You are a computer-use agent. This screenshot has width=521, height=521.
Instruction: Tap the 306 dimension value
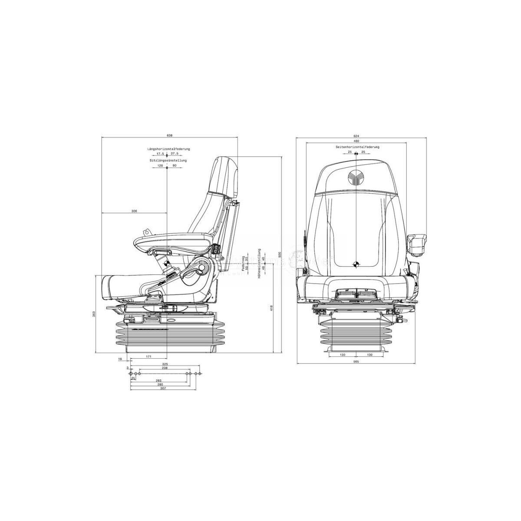click(x=134, y=211)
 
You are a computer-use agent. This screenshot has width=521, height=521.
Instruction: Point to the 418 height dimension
click(x=271, y=309)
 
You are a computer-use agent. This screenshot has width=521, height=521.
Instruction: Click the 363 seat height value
click(x=94, y=314)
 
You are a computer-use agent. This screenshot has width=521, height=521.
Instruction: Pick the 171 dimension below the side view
click(x=148, y=356)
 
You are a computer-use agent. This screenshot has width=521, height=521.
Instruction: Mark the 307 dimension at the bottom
click(x=163, y=388)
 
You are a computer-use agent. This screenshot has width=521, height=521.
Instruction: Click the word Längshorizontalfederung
click(x=168, y=149)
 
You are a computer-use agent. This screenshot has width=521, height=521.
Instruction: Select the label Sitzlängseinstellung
click(x=168, y=161)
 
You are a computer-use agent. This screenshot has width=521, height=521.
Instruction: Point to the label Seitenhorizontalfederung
click(x=357, y=147)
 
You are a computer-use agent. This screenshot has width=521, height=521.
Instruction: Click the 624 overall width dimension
click(x=356, y=135)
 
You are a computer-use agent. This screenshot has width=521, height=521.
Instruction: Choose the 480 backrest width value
click(x=356, y=141)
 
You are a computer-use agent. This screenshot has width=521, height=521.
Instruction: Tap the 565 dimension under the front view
click(x=356, y=362)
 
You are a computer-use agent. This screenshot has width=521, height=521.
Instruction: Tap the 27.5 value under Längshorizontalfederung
click(x=175, y=154)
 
